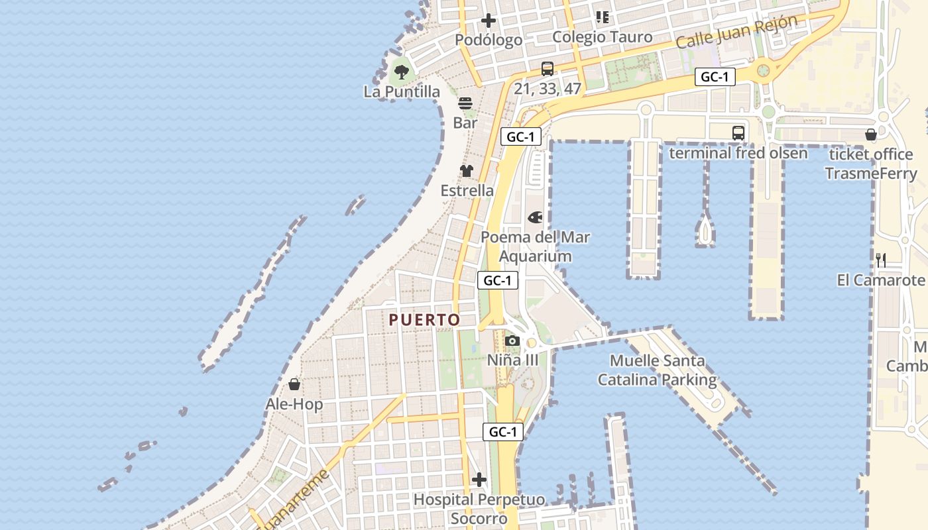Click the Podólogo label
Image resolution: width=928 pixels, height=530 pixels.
pos(489,40)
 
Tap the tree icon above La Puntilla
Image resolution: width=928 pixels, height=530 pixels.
pos(401,71)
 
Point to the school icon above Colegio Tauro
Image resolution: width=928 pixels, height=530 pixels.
pos(602,17)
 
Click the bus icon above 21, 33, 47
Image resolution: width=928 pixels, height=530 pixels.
pos(548,68)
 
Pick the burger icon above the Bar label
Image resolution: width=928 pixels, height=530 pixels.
pos(465,103)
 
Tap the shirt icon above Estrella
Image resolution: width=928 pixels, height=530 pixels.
pos(467,171)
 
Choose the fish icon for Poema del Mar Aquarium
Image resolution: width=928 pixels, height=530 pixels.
pos(535,217)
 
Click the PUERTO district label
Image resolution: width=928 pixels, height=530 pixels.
pos(424,320)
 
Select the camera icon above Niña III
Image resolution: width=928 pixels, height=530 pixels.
pos(512,341)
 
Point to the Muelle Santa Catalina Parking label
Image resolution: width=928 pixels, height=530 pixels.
pos(657,370)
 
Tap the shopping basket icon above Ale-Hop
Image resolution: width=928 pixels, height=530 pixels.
pos(294,384)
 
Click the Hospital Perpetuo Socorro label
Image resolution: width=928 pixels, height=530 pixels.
pos(479,509)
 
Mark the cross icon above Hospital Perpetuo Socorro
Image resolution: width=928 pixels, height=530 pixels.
pos(479,480)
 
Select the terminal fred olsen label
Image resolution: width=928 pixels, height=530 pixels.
pos(738,153)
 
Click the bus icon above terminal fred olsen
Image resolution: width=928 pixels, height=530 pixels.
pos(738,133)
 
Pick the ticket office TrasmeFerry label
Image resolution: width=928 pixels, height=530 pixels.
pos(871,164)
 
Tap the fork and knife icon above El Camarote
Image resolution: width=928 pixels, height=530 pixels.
pos(881,260)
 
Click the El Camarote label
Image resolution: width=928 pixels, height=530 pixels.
pos(881,280)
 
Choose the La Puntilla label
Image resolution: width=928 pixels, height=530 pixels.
pos(402,91)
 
